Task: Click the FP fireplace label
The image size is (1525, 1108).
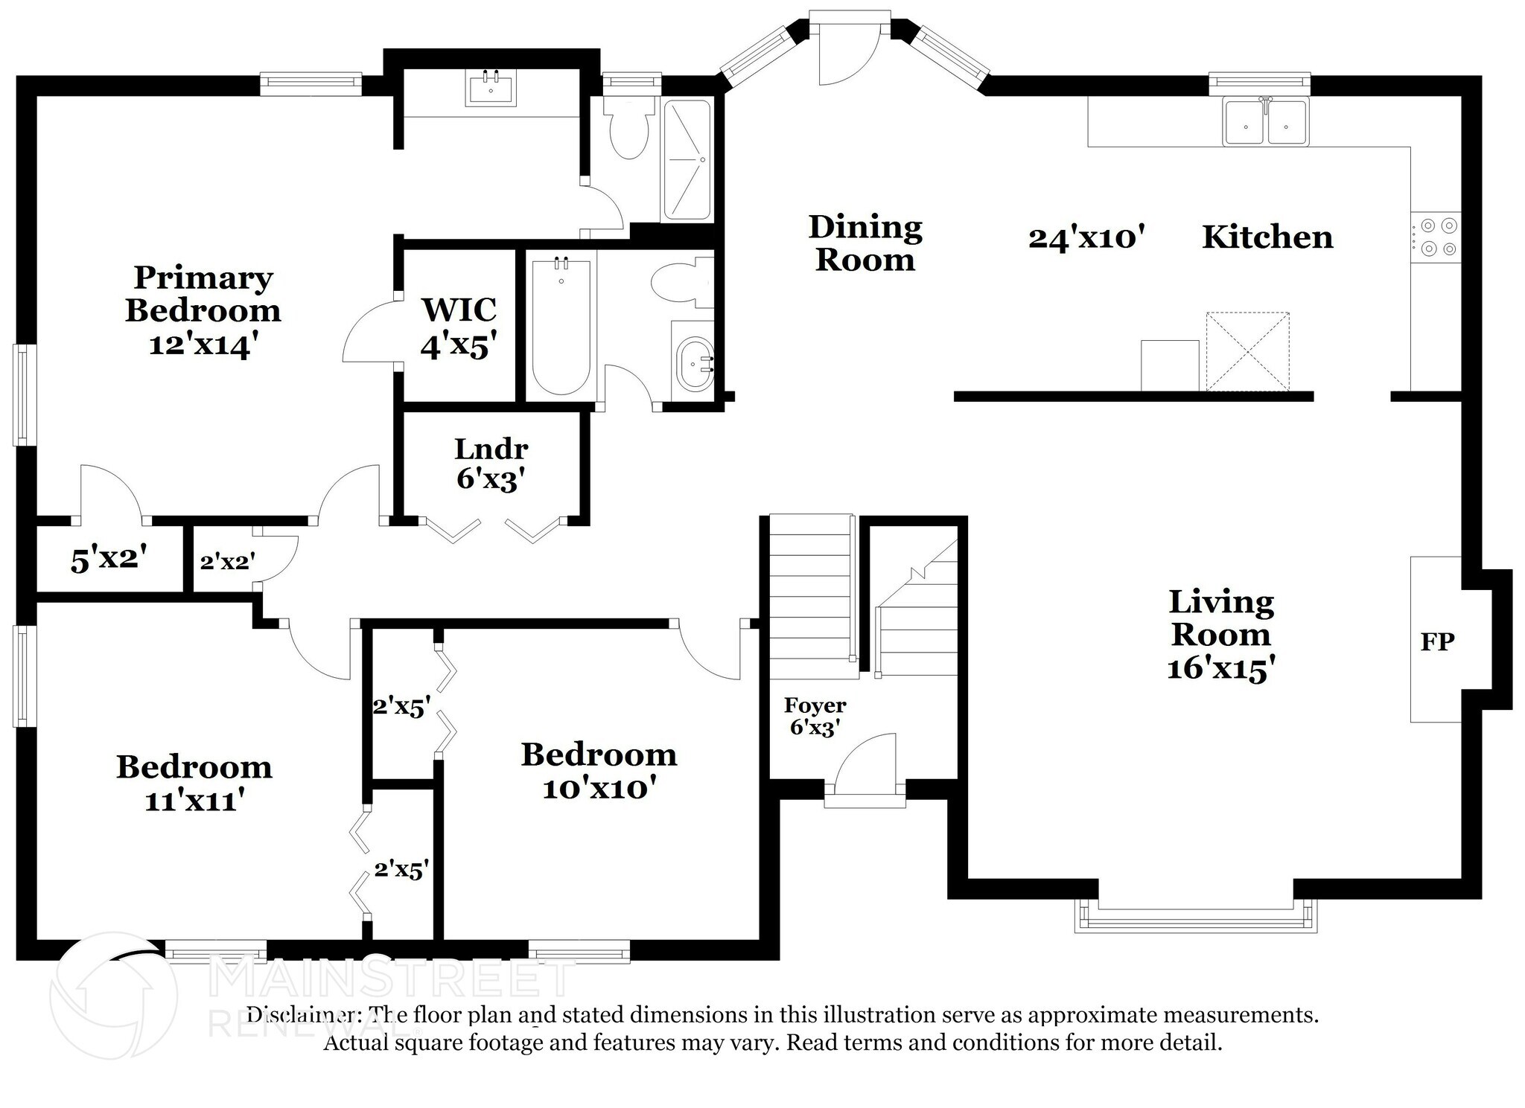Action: point(1436,641)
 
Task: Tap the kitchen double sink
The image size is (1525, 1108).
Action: point(1266,122)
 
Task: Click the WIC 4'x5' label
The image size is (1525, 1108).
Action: point(459,327)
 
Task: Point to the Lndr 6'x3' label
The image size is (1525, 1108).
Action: point(491,464)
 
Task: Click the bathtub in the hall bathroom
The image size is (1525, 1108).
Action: point(561,325)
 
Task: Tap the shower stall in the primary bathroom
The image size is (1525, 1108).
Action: point(687,159)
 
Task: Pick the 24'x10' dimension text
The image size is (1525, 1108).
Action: point(1086,238)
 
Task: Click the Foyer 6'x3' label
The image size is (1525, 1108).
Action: point(815,716)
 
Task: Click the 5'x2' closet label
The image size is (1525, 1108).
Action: point(109,559)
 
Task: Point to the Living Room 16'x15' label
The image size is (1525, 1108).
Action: point(1220,635)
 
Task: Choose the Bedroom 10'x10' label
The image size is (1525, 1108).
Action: point(599,771)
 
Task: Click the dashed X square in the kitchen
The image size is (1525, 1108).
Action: point(1247,351)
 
